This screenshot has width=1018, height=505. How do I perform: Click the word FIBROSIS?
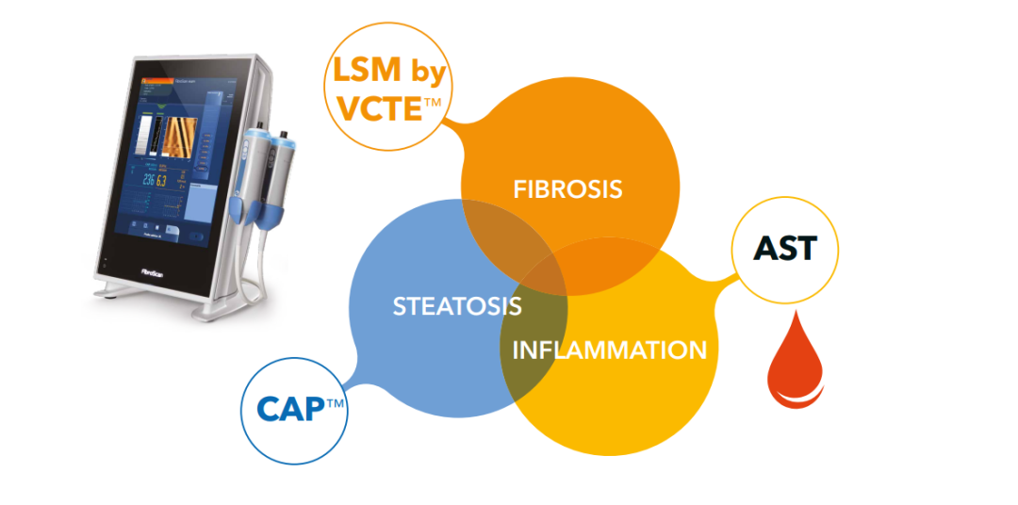[567, 188]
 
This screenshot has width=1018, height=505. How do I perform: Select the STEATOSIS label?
[457, 306]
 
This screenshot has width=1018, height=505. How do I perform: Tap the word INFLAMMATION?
[609, 350]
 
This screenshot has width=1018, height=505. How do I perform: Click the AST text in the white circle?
[785, 250]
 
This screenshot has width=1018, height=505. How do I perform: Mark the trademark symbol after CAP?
[335, 403]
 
